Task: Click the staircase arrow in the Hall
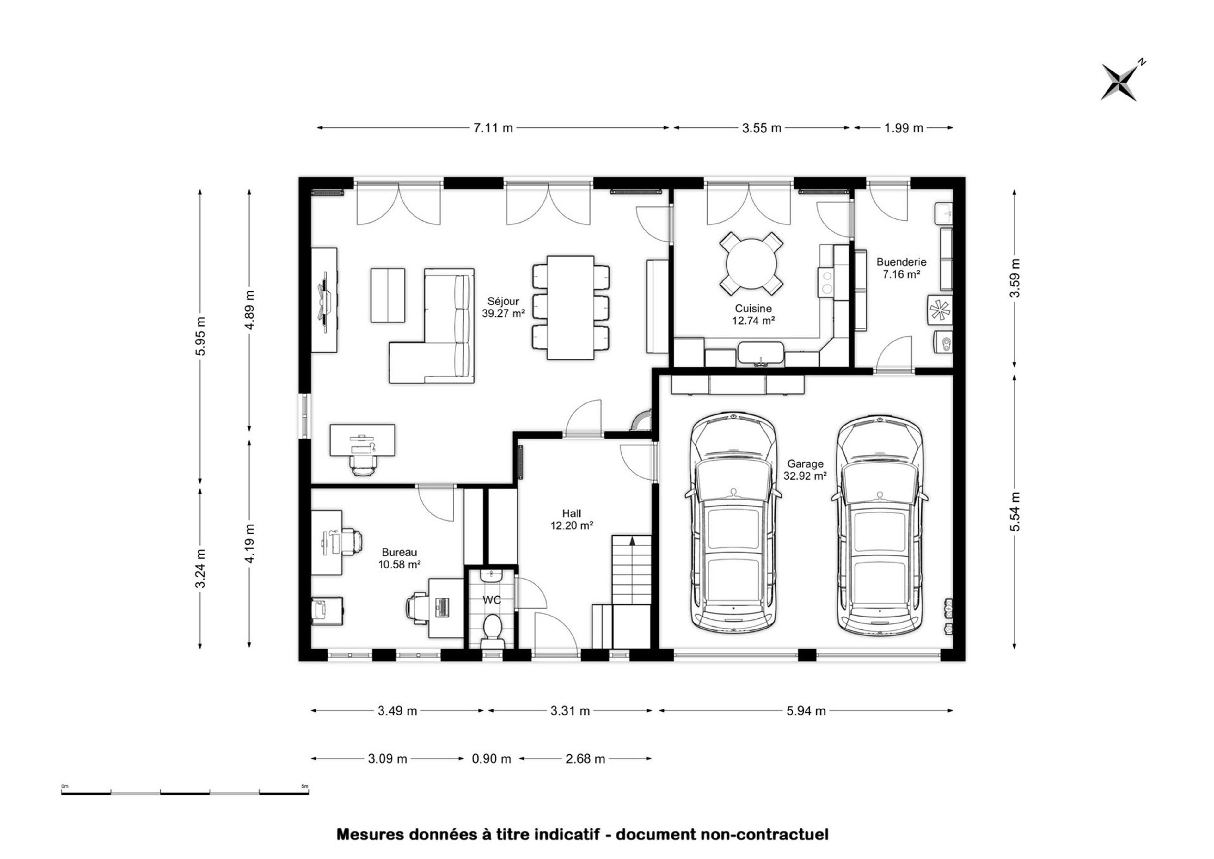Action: click(x=632, y=540)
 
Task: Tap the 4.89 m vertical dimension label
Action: click(x=250, y=310)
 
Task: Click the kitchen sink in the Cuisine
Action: click(x=761, y=354)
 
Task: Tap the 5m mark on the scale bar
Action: click(x=305, y=786)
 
